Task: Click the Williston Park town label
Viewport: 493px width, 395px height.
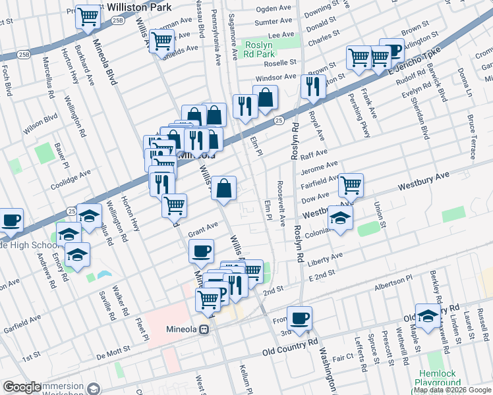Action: point(139,7)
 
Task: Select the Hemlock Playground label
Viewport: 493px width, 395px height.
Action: point(438,378)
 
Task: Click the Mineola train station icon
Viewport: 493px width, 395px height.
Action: point(206,329)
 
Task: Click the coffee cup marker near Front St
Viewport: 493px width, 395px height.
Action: point(299,319)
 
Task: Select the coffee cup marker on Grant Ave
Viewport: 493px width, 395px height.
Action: point(202,251)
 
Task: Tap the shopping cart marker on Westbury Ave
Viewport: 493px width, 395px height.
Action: point(351,186)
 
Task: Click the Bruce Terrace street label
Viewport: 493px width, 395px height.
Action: point(471,138)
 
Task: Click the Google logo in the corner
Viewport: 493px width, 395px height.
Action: point(22,387)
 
